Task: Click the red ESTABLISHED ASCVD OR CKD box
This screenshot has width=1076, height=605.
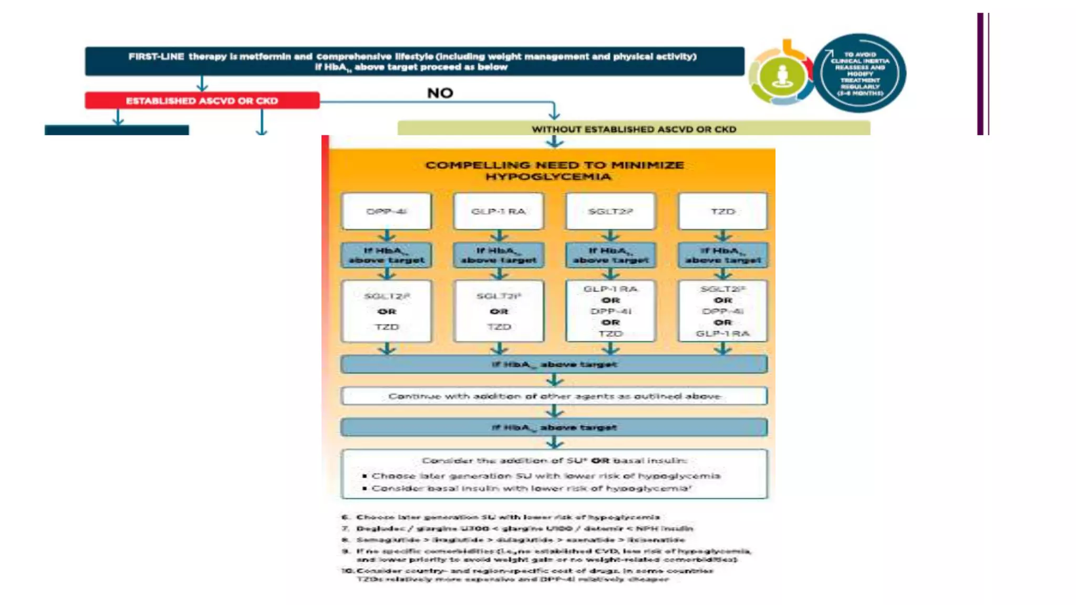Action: click(x=202, y=100)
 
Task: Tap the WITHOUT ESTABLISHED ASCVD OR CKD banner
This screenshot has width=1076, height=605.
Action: click(x=633, y=129)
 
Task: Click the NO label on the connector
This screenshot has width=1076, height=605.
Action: click(x=440, y=93)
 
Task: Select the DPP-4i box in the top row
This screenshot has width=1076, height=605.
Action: click(x=386, y=211)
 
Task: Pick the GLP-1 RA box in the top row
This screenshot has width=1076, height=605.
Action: click(x=498, y=211)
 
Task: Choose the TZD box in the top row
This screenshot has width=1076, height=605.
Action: click(x=722, y=211)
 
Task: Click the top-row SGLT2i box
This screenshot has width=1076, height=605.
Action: click(x=610, y=211)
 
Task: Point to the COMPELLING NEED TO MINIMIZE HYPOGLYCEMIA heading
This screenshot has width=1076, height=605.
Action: click(x=554, y=171)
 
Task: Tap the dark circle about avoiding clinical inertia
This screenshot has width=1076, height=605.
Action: click(x=860, y=74)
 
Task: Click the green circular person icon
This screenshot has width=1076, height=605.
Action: click(x=782, y=76)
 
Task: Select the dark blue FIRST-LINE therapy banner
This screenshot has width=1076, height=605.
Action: click(x=414, y=61)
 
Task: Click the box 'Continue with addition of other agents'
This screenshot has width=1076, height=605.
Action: click(x=554, y=396)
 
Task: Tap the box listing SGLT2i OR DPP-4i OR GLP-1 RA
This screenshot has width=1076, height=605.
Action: click(x=722, y=311)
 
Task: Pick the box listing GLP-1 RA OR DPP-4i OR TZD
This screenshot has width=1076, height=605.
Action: click(x=610, y=311)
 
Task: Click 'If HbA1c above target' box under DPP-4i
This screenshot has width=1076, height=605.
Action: click(x=386, y=255)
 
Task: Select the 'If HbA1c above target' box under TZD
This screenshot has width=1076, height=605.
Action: click(x=722, y=255)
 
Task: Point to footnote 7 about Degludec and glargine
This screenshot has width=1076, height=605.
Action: click(x=524, y=528)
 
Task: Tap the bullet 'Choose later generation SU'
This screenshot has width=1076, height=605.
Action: click(x=545, y=476)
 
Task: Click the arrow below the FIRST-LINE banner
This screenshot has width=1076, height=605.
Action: click(x=202, y=84)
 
